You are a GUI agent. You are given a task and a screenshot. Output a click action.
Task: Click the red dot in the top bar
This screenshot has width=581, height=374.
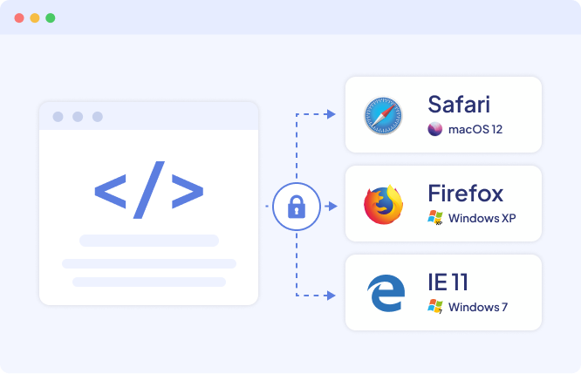19,17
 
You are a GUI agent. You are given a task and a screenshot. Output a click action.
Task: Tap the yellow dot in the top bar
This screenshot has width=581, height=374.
35,17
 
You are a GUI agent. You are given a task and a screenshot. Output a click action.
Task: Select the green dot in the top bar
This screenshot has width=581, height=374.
51,17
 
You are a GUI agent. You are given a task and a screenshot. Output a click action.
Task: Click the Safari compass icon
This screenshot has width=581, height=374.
383,116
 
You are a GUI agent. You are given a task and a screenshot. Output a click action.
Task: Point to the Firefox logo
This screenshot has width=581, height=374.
384,204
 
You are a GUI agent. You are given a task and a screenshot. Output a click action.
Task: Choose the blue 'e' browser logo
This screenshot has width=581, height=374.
386,293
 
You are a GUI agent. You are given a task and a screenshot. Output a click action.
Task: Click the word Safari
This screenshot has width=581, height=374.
459,105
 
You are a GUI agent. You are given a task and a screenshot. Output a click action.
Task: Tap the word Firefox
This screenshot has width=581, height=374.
465,193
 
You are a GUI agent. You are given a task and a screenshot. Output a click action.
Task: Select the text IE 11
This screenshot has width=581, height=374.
448,282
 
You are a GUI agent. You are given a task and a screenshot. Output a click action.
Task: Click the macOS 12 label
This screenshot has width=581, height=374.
475,129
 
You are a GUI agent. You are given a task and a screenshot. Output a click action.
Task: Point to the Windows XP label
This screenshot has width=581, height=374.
482,218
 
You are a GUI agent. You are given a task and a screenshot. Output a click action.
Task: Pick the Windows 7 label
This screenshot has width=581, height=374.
478,307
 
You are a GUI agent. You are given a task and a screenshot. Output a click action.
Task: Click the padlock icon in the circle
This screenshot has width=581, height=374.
297,207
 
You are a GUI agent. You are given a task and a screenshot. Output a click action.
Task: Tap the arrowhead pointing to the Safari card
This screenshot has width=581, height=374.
332,114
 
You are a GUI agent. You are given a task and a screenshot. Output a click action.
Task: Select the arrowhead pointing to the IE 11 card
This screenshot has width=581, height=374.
332,296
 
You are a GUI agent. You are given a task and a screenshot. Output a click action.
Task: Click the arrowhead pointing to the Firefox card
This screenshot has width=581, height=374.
332,206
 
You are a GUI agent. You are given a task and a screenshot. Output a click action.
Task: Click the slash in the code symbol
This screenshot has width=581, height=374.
149,190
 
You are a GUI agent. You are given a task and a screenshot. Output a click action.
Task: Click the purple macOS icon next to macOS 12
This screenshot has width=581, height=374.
435,129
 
